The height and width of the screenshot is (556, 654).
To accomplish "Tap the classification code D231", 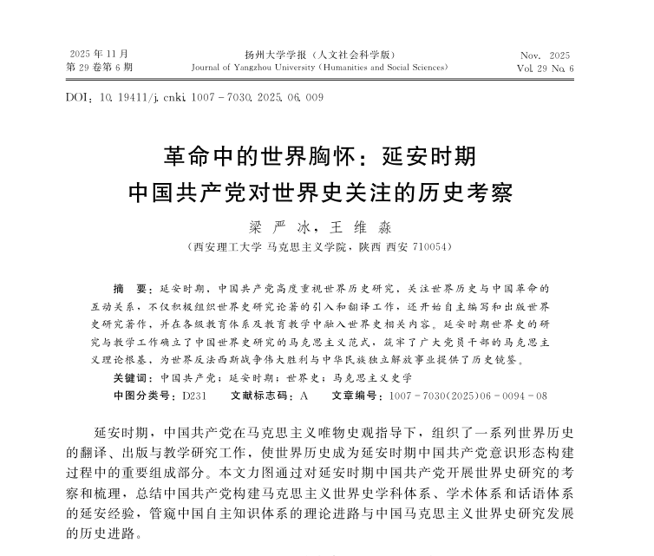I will click(x=193, y=396).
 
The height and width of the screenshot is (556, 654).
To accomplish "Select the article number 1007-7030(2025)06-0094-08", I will click(x=468, y=396).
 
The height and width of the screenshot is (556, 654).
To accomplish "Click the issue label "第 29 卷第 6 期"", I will click(x=100, y=67).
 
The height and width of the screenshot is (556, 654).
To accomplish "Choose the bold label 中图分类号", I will click(x=145, y=396).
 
